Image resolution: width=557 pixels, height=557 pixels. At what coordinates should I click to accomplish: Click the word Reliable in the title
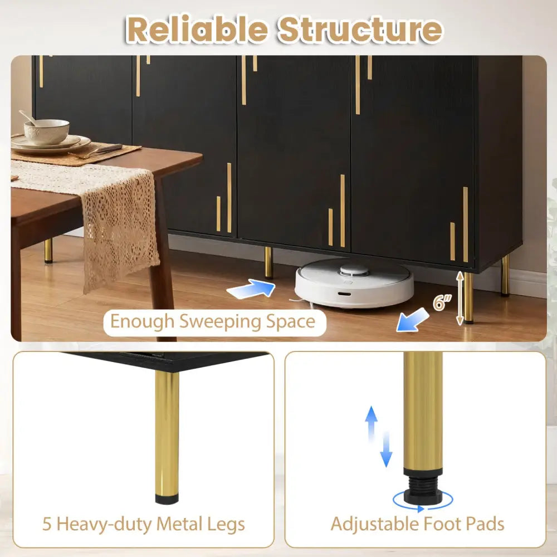(x=197, y=30)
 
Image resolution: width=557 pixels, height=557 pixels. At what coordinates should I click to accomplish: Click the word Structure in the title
(x=360, y=30)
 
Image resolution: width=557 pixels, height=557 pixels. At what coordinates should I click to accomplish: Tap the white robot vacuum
(x=354, y=282)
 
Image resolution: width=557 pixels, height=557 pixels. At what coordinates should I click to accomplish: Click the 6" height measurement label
(x=442, y=302)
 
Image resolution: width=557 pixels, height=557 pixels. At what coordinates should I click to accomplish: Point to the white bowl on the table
(x=47, y=131)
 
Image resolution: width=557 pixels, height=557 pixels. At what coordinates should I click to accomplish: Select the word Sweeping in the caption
(x=220, y=322)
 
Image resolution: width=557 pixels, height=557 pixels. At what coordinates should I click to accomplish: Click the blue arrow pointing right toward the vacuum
(x=251, y=288)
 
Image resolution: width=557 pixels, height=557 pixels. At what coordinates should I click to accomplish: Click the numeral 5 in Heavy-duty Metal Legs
(x=47, y=524)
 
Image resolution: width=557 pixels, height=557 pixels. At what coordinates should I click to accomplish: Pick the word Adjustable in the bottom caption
(x=374, y=525)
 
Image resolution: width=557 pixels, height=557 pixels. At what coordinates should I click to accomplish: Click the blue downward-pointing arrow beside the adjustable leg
(x=386, y=449)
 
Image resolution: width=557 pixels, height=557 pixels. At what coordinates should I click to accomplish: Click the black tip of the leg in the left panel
(x=167, y=500)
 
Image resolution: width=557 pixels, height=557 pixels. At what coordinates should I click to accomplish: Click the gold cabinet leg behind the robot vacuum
(x=269, y=263)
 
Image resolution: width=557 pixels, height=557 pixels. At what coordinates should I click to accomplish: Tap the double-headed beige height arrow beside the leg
(x=460, y=298)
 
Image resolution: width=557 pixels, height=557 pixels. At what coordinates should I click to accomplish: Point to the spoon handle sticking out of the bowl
(x=28, y=118)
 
